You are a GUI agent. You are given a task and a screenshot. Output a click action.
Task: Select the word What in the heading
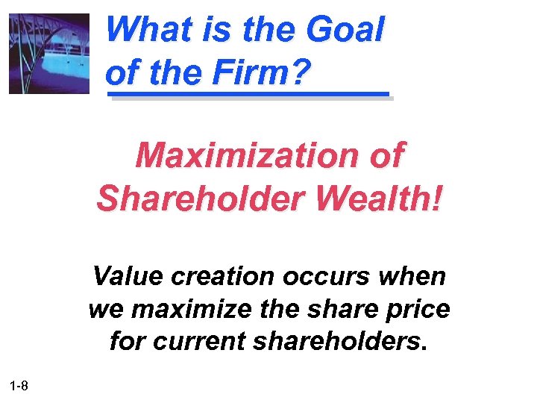point(142,31)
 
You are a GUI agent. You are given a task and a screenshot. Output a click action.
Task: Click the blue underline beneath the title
point(249,96)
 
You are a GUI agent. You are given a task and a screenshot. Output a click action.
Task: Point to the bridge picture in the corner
point(49,53)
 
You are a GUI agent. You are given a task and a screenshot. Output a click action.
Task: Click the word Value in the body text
point(127,276)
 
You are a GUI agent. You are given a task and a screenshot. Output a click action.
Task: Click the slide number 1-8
point(20,385)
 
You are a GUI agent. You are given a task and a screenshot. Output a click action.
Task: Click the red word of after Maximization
point(386,156)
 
